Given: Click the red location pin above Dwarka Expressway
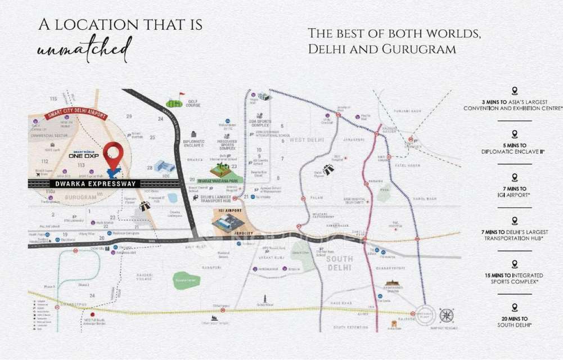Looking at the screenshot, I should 113,154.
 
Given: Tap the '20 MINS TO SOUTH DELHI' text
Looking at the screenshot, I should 514,322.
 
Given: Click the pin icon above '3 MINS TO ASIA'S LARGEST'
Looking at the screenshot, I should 514,91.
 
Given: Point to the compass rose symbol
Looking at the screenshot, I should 447,315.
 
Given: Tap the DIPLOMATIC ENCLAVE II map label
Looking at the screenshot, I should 193,143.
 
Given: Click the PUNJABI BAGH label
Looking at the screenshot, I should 408,111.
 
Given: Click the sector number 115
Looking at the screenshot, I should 54,99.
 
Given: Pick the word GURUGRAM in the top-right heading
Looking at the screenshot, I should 419,49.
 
